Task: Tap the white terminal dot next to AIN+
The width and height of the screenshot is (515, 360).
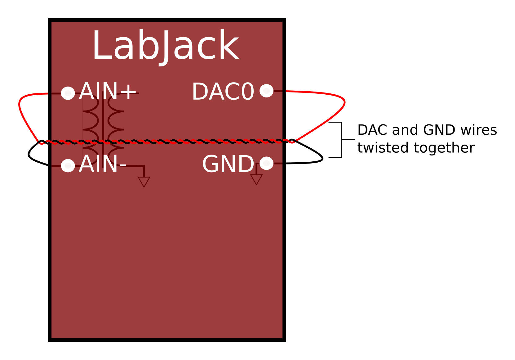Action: (x=68, y=93)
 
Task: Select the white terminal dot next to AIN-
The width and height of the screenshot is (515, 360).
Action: (x=68, y=165)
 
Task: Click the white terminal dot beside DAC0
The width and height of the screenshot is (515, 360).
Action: (x=266, y=91)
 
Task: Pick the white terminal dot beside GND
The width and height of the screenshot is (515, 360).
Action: (x=266, y=163)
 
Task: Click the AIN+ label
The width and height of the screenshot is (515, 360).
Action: (x=107, y=92)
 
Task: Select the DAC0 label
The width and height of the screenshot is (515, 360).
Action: (x=223, y=92)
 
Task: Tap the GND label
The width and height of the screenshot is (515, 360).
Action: (x=228, y=164)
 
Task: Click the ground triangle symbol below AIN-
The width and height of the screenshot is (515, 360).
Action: (x=144, y=181)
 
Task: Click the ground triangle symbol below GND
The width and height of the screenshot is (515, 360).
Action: (x=256, y=179)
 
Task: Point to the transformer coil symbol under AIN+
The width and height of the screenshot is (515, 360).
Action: (x=103, y=124)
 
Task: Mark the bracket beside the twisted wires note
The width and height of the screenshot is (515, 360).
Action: (x=341, y=140)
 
